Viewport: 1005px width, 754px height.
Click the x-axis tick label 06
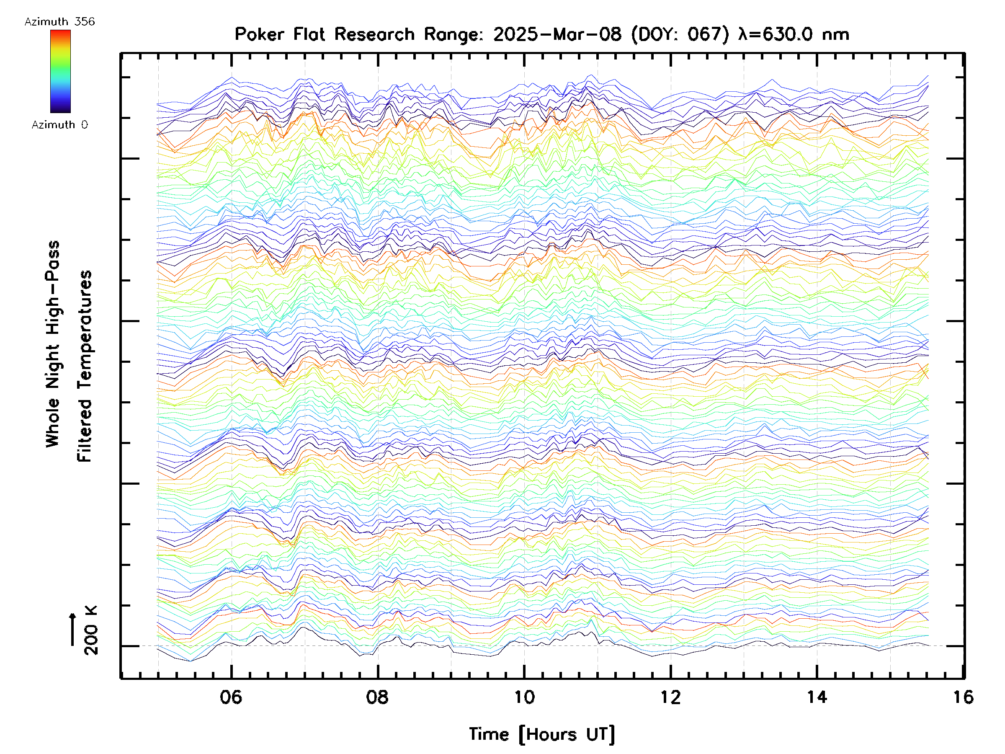(x=231, y=697)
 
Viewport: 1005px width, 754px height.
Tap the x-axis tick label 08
(x=377, y=697)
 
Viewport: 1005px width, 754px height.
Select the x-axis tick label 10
(x=524, y=697)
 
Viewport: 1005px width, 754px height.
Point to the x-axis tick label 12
(x=670, y=697)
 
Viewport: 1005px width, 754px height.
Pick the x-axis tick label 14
(x=817, y=697)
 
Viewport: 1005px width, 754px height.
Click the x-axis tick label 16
(x=963, y=697)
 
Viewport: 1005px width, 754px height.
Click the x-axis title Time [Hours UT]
(x=542, y=734)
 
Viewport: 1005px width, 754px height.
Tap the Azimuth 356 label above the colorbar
(x=59, y=22)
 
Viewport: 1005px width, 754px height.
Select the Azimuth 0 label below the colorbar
(x=59, y=124)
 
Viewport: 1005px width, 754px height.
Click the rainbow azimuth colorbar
(x=60, y=71)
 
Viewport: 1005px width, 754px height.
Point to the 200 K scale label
(x=91, y=630)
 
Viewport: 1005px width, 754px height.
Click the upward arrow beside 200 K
(x=72, y=630)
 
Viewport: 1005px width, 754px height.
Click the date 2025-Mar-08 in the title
(x=557, y=34)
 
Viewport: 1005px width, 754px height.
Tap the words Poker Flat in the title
(x=279, y=34)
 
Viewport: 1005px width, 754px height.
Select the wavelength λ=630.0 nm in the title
(x=793, y=34)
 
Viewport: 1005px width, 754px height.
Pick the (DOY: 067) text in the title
(x=680, y=34)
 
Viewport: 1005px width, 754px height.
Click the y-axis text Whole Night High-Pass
(x=53, y=344)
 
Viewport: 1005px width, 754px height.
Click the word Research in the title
(x=375, y=34)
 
